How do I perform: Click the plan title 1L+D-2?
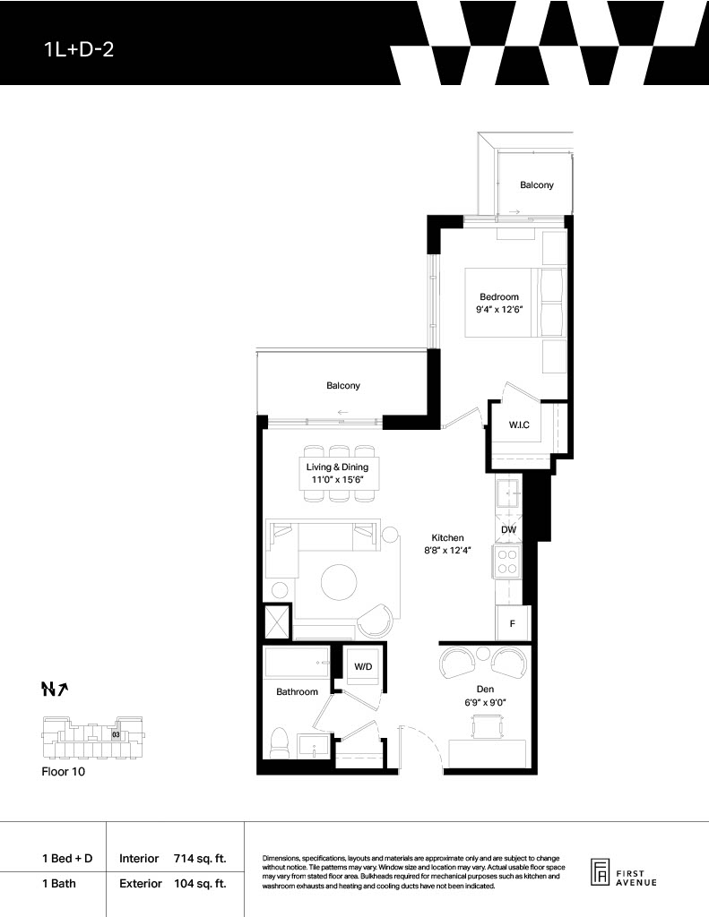[x=79, y=50]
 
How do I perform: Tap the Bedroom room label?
[x=499, y=296]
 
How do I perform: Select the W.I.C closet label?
[x=519, y=424]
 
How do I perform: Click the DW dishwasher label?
[x=509, y=530]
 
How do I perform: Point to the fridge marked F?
[x=513, y=623]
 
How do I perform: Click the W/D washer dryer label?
[x=363, y=666]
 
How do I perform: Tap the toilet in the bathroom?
[x=279, y=742]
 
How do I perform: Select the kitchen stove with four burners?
[x=507, y=561]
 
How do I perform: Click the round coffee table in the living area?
[x=339, y=581]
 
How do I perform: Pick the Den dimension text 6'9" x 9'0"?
[x=485, y=702]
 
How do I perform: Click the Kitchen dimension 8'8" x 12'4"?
[x=448, y=551]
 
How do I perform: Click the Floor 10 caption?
[x=64, y=771]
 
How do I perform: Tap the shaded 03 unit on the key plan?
[x=116, y=734]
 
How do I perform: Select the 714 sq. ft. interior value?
[x=200, y=859]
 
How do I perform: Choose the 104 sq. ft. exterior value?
[x=200, y=884]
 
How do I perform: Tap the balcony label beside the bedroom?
[x=537, y=184]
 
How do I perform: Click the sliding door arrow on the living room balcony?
[x=343, y=412]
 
